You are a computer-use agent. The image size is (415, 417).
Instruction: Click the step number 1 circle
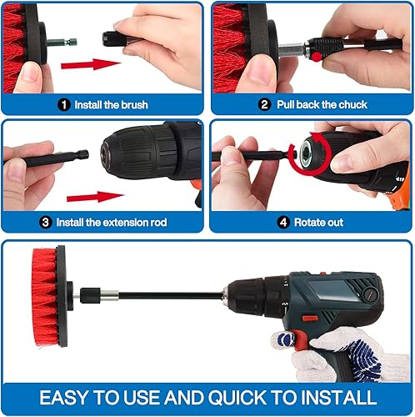pos(64,105)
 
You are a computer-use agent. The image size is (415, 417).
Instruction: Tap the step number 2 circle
pos(264,105)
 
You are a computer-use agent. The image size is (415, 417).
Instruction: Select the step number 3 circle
pos(46,223)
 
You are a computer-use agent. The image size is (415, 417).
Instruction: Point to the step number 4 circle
pos(283,223)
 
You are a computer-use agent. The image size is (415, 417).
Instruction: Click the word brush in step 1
pos(135,105)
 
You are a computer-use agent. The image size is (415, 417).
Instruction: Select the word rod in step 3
pos(158,223)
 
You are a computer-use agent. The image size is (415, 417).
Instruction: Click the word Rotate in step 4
pos(308,223)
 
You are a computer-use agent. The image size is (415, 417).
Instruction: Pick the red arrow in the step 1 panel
pos(91,64)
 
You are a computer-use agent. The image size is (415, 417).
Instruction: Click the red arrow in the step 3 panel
pos(95,197)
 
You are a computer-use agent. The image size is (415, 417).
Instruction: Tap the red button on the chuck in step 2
pos(316,57)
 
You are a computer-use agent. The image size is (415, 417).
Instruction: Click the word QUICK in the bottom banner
pos(237,398)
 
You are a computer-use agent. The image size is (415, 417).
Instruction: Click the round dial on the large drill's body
pos(369,294)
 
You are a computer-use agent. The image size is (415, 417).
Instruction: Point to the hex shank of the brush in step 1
pos(62,43)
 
